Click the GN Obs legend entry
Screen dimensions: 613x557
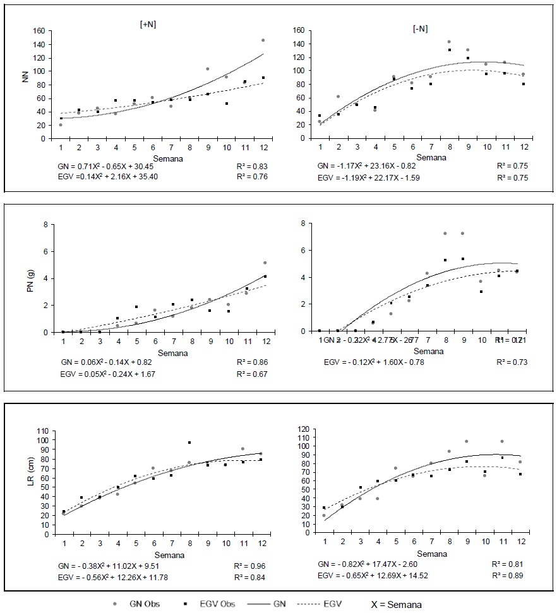click(x=143, y=604)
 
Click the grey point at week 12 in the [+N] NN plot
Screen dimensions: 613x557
click(x=263, y=40)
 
